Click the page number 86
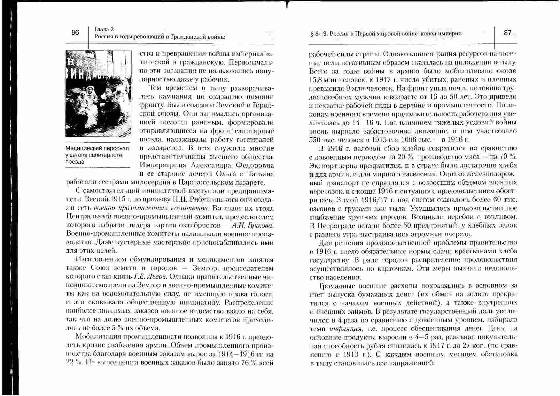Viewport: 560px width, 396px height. [x=75, y=32]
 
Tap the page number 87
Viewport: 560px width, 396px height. [x=508, y=33]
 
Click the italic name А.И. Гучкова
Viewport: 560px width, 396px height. [x=252, y=226]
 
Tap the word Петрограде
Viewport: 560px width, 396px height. [x=335, y=226]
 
